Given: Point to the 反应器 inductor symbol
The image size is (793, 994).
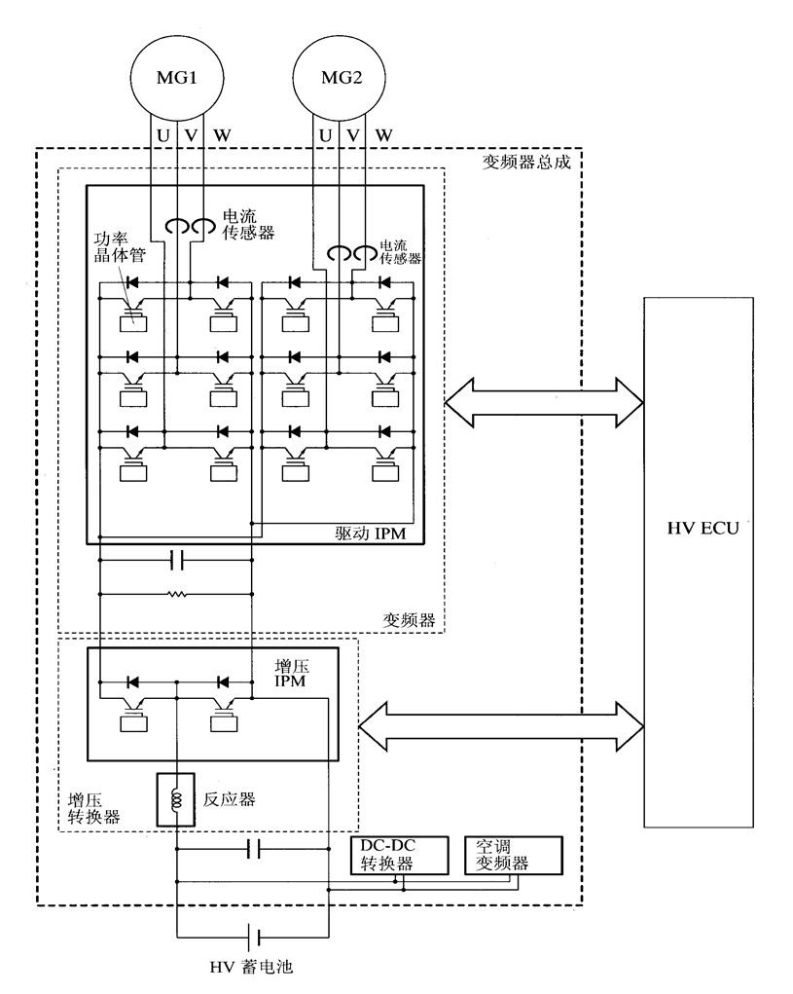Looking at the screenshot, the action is (x=175, y=799).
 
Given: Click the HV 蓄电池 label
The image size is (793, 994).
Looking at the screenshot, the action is (x=251, y=967).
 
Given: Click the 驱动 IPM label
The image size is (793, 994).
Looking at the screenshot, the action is (x=370, y=534).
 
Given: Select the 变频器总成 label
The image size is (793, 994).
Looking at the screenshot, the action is (x=526, y=162).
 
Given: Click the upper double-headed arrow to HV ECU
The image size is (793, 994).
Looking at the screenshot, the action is (x=544, y=402).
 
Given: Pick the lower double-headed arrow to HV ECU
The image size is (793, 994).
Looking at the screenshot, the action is (x=501, y=726).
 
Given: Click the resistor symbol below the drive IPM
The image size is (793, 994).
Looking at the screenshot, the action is (x=176, y=594).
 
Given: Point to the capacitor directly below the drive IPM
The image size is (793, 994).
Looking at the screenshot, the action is (x=177, y=560).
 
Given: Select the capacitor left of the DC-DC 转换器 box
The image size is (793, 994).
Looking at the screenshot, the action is (x=253, y=848).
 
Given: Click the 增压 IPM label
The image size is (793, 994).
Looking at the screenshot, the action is (x=291, y=674).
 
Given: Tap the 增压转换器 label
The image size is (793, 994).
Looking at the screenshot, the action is (x=93, y=808).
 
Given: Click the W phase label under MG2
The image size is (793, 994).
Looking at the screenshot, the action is (x=383, y=135).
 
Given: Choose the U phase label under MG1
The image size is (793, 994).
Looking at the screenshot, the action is (x=162, y=135).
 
